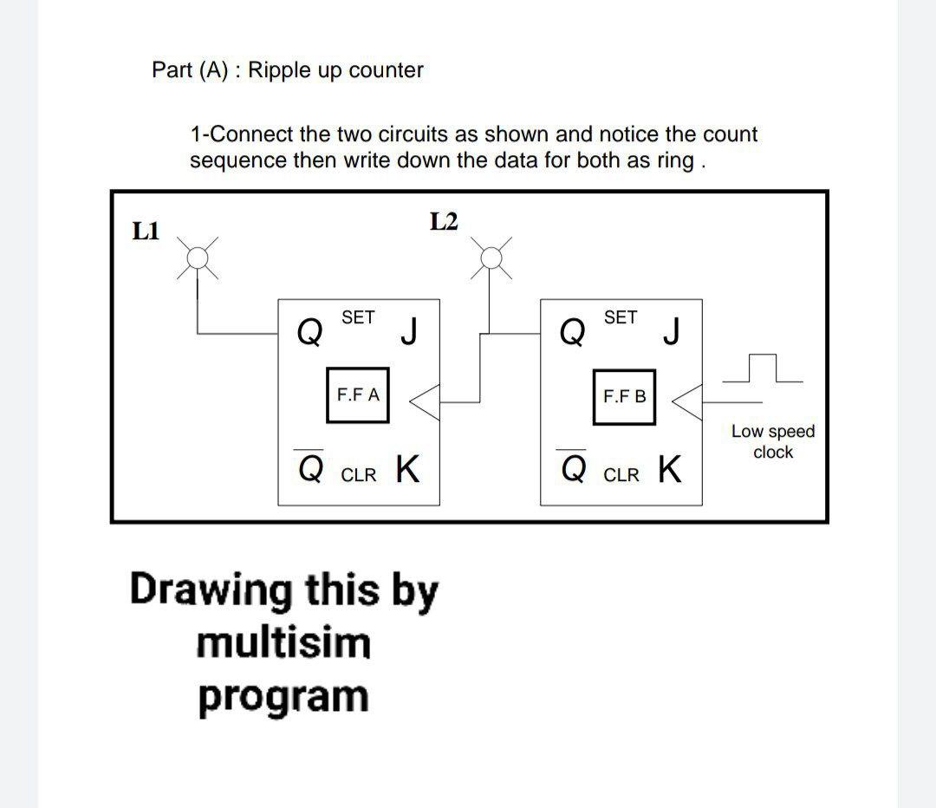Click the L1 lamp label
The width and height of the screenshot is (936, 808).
coord(146,231)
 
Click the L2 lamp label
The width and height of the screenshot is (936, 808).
coord(443,222)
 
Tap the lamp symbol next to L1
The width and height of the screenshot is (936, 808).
coord(199,257)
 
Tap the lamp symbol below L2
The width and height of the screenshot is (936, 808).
coord(491,257)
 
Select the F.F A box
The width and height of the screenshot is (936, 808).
coord(357,395)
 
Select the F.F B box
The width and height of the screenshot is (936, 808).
coord(624,397)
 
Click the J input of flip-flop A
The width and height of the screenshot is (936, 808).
coord(410,330)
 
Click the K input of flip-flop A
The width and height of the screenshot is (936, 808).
coord(408,469)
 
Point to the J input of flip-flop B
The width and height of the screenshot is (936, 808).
coord(671,330)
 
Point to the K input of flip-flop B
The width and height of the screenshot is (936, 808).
coord(669,469)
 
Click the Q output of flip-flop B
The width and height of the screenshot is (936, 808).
coord(571,330)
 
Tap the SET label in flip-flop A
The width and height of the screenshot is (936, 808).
coord(358,318)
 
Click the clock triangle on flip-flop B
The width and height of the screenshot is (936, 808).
coord(687,401)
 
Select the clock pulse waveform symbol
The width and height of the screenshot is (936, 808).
coord(760,370)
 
